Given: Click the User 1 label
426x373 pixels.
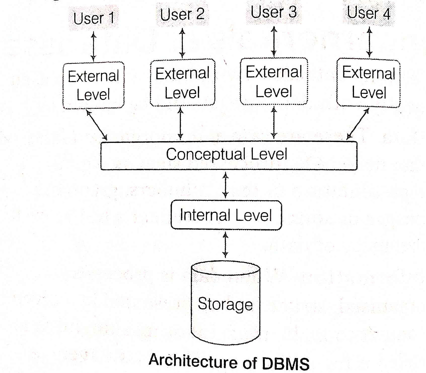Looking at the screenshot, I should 94,18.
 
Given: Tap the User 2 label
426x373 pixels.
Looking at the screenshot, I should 182,14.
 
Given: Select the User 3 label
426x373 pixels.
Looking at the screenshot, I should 274,12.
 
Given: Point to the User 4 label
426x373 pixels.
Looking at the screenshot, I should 369,13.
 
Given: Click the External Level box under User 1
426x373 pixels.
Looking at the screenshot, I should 93,85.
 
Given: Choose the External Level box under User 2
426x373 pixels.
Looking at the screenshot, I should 183,83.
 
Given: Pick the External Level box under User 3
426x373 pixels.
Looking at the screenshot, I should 274,81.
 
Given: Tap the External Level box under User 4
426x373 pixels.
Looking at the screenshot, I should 369,82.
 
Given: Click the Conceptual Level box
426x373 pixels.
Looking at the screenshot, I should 229,155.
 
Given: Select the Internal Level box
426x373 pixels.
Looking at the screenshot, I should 226,215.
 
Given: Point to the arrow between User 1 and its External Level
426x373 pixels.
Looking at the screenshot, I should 94,46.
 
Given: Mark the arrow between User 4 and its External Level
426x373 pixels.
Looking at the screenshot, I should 369,42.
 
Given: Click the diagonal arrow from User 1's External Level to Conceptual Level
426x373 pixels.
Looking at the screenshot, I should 97,125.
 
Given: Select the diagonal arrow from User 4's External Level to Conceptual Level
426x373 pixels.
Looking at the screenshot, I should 358,124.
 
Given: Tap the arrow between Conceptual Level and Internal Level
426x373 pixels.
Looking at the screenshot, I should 226,185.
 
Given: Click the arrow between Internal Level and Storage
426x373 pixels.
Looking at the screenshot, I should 226,245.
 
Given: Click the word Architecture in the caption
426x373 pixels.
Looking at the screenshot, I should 193,361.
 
